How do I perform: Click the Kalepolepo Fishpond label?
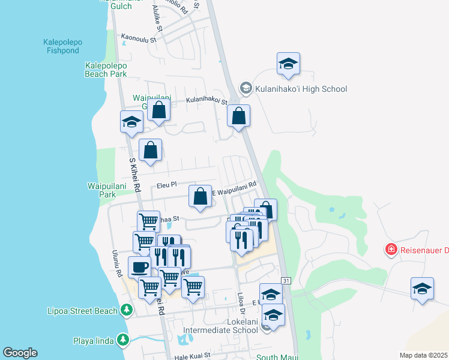click(x=62, y=47)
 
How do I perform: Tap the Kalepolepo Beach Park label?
click(x=106, y=70)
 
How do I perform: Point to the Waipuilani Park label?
click(x=98, y=190)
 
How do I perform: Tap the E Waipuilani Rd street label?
click(x=235, y=188)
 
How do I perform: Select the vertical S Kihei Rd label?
click(x=134, y=176)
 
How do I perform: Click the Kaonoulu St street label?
click(x=138, y=37)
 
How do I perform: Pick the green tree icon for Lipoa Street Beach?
click(x=126, y=310)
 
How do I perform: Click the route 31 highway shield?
click(x=286, y=281)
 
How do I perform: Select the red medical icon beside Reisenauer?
click(x=391, y=248)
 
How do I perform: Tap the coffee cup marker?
click(x=139, y=267)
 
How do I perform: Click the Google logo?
click(x=20, y=353)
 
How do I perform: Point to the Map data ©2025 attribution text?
click(x=423, y=355)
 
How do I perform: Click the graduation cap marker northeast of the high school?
click(x=288, y=64)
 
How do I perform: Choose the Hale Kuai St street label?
click(x=193, y=355)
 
